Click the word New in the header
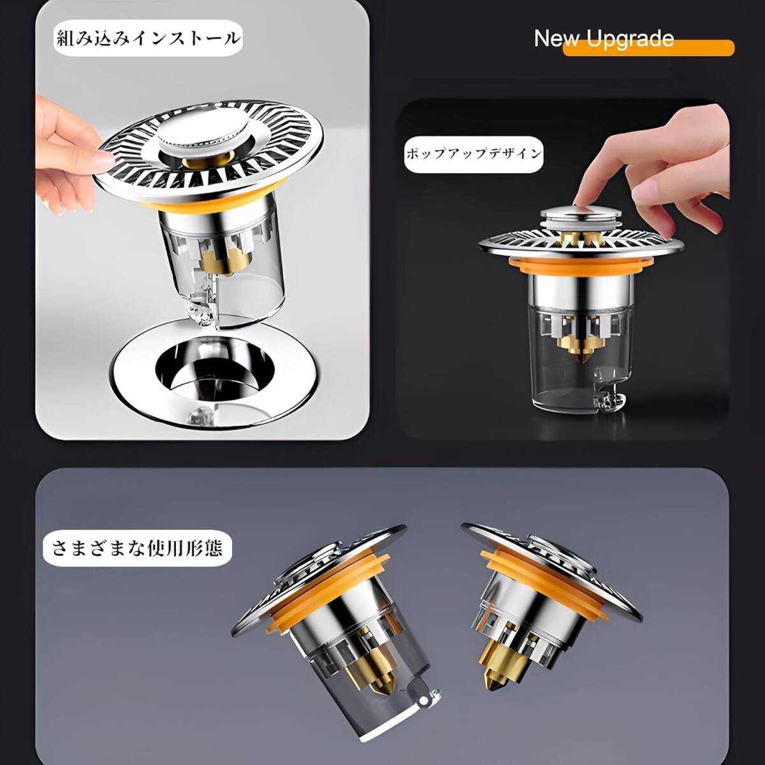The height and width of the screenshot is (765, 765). (557, 39)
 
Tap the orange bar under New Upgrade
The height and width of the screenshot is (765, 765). (649, 48)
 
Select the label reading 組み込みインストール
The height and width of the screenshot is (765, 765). (148, 38)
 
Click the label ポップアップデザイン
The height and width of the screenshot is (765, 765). (474, 154)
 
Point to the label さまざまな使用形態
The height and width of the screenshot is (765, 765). (137, 548)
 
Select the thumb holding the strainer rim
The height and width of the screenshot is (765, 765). (95, 158)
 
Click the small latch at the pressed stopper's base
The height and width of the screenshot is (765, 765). (608, 405)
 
